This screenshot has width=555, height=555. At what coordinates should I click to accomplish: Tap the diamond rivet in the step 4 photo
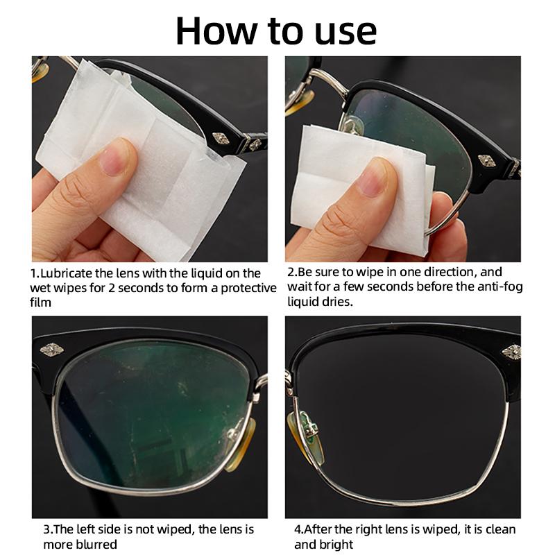tap(511, 352)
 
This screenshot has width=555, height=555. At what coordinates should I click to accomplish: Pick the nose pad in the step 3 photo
tap(239, 444)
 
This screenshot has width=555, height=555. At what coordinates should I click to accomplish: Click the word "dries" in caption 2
tap(338, 301)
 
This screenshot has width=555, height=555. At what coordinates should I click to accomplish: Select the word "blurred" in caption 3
tap(96, 545)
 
